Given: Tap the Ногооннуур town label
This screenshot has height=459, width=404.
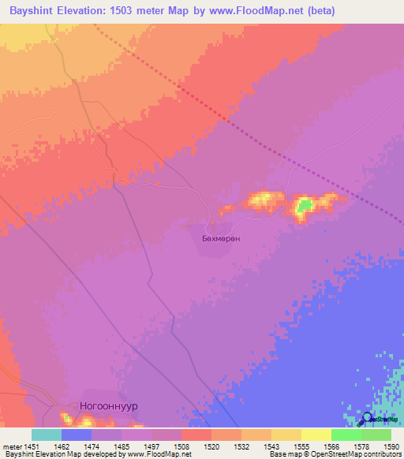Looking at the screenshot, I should click(109, 405).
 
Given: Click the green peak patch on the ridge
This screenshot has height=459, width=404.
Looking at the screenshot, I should click(304, 207).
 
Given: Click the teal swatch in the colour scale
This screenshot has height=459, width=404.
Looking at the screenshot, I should click(47, 435).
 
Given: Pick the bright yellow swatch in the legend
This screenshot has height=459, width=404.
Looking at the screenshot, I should click(316, 435).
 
